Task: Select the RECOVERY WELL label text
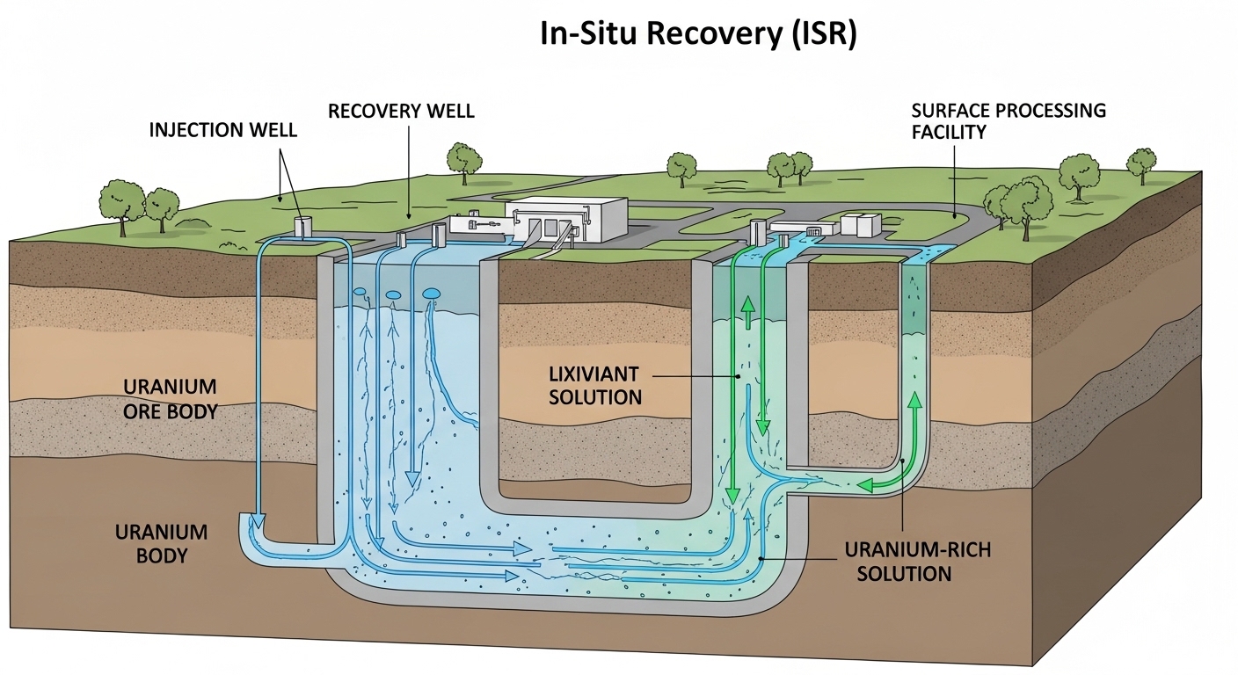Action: [401, 112]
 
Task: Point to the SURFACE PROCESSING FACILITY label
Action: [1008, 121]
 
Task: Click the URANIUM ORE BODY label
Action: [171, 398]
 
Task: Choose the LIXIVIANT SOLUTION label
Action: [595, 386]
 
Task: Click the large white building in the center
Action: [566, 219]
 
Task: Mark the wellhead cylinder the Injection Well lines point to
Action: [303, 228]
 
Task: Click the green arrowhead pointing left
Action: [866, 484]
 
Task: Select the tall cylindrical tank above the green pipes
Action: [755, 232]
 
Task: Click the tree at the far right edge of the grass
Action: [1141, 164]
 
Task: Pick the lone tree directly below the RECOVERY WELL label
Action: [464, 160]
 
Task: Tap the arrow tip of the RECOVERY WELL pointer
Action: [408, 215]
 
